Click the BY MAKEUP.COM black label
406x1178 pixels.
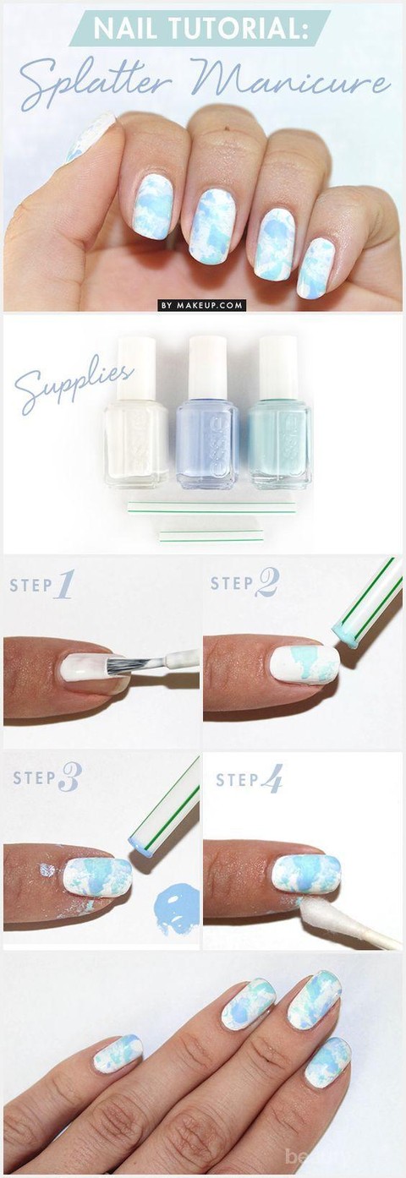coord(202,304)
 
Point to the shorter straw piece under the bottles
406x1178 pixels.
coord(211,535)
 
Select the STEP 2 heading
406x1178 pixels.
coord(244,583)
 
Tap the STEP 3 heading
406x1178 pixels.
coord(47,777)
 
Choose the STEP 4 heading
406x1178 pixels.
coord(249,779)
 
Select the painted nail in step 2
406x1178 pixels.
coord(304,666)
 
